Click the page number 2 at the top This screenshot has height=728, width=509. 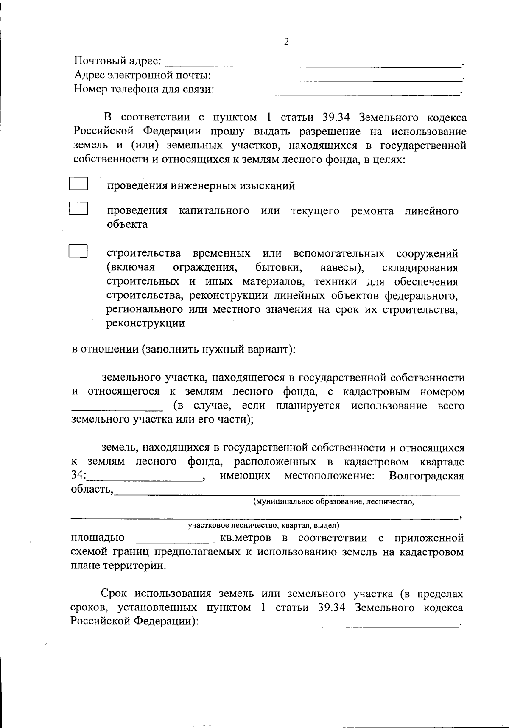(286, 41)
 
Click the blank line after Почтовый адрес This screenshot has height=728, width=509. (313, 64)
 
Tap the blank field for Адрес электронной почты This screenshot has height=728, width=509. (338, 77)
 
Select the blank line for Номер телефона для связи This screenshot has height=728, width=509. (338, 91)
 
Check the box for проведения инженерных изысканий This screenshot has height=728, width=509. (78, 184)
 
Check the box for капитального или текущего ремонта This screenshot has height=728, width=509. (78, 209)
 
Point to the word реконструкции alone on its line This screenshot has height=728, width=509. (145, 323)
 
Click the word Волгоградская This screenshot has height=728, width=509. (426, 476)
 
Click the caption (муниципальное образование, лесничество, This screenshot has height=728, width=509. (333, 502)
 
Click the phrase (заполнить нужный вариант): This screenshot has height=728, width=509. (218, 350)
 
